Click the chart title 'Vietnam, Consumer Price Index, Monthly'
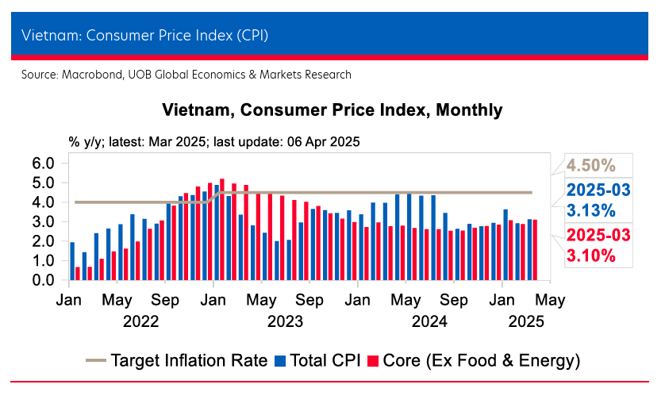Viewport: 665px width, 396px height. click(x=332, y=110)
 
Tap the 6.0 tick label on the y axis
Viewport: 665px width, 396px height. click(x=43, y=163)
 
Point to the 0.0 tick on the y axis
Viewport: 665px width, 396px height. click(x=43, y=280)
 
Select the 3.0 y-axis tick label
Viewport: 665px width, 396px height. click(x=43, y=222)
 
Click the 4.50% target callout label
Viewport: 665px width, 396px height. click(x=590, y=166)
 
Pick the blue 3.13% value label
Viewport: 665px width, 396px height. click(x=590, y=210)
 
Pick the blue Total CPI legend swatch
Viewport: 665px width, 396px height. click(x=280, y=361)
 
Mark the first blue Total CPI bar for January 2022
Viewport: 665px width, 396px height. click(x=72, y=261)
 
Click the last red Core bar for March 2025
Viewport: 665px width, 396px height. click(x=535, y=250)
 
